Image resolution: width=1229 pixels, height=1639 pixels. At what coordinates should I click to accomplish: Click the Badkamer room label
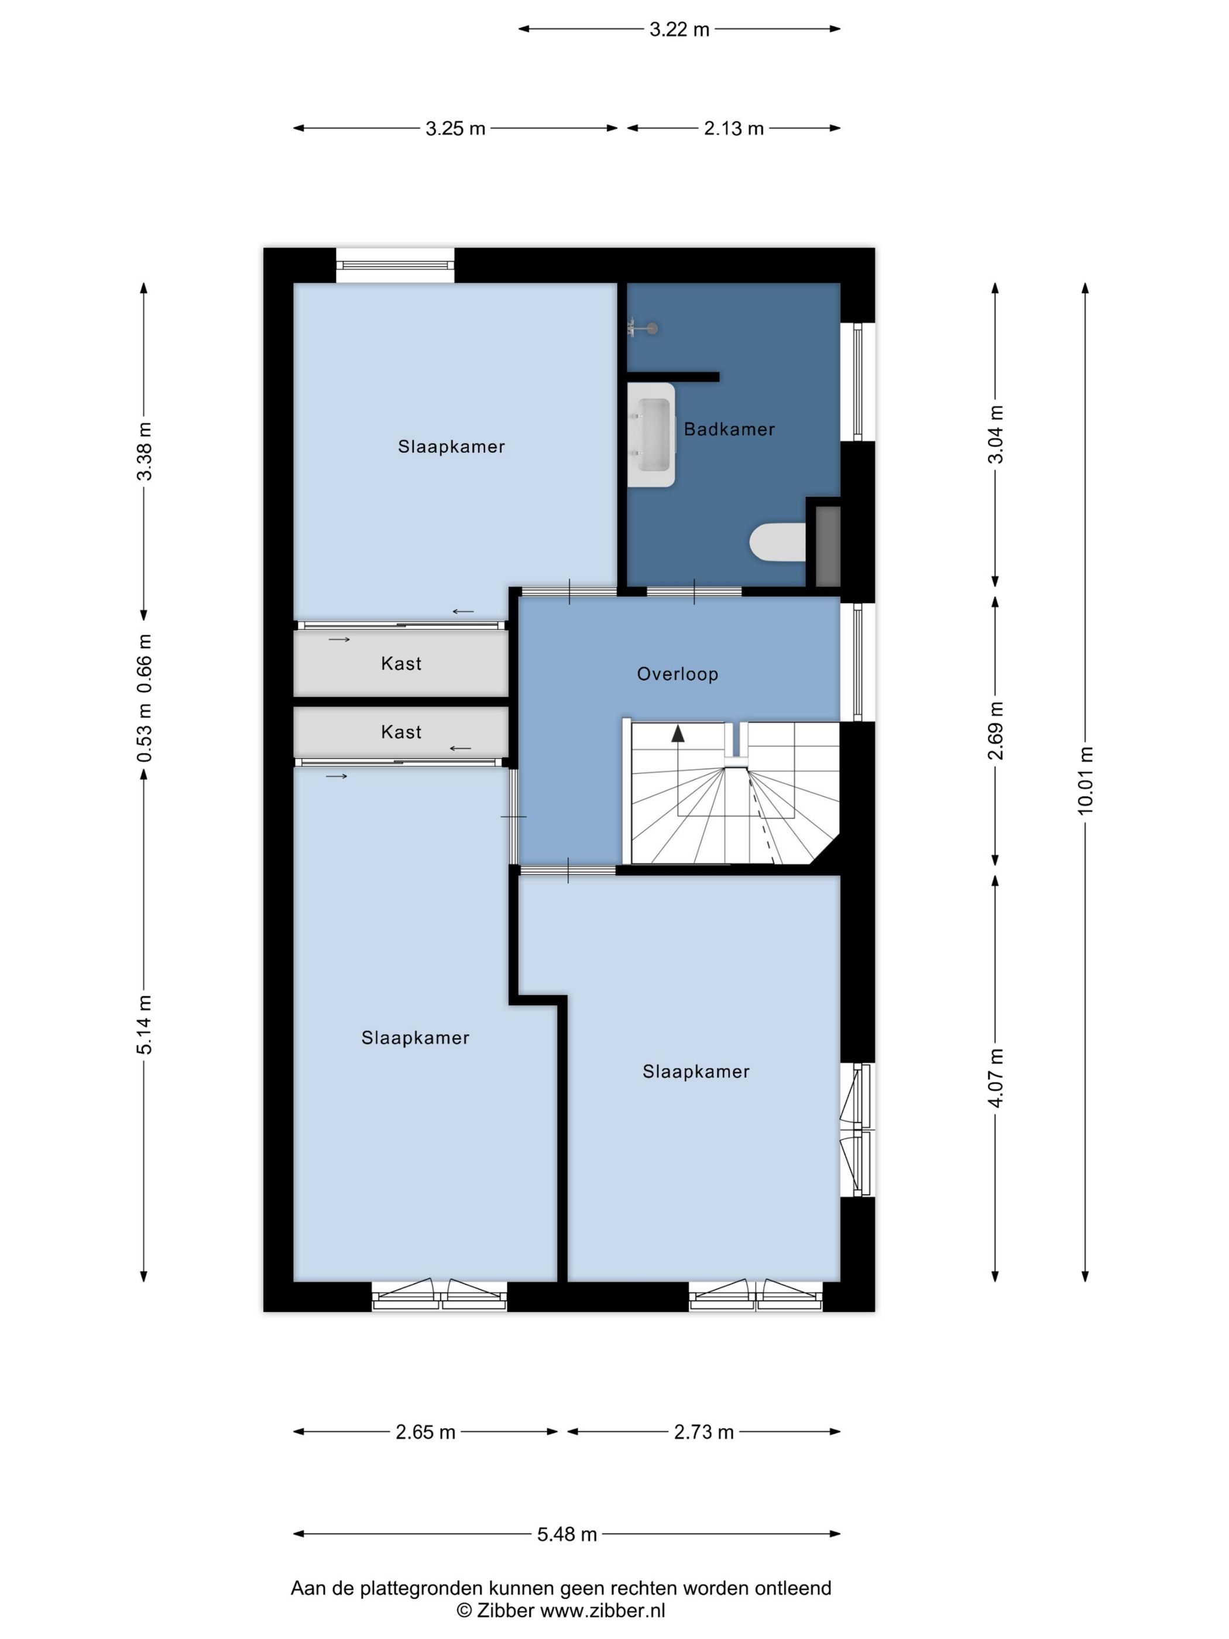[x=729, y=429]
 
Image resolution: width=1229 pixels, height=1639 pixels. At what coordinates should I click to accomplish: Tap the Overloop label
[x=677, y=674]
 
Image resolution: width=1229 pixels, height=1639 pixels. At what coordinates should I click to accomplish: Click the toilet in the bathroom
[x=777, y=541]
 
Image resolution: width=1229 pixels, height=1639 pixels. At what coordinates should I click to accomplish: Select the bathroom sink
[x=652, y=435]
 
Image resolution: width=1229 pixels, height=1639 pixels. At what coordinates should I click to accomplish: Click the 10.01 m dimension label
[x=1085, y=780]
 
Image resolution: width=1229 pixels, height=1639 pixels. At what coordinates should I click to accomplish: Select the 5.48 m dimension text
[x=567, y=1535]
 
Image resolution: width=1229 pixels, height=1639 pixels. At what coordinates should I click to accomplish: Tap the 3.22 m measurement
[x=679, y=30]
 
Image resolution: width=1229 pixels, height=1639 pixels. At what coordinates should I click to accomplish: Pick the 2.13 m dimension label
[x=733, y=128]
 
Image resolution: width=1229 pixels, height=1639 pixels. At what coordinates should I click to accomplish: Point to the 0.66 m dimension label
[x=145, y=663]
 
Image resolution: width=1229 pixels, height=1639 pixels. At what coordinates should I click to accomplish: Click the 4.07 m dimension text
[x=995, y=1078]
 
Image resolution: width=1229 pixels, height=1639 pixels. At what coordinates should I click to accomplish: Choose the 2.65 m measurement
[x=425, y=1432]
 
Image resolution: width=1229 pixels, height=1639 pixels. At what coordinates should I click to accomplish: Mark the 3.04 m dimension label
[x=995, y=434]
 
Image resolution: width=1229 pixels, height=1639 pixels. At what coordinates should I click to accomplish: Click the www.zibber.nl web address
[x=602, y=1610]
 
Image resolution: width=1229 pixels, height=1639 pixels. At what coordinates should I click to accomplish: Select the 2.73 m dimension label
[x=704, y=1432]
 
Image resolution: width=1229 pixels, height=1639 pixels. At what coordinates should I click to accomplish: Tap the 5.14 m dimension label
[x=145, y=1025]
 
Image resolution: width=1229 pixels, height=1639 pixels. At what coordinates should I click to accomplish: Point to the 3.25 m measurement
[x=455, y=128]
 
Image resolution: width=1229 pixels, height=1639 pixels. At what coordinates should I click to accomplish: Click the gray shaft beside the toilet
[x=828, y=547]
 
